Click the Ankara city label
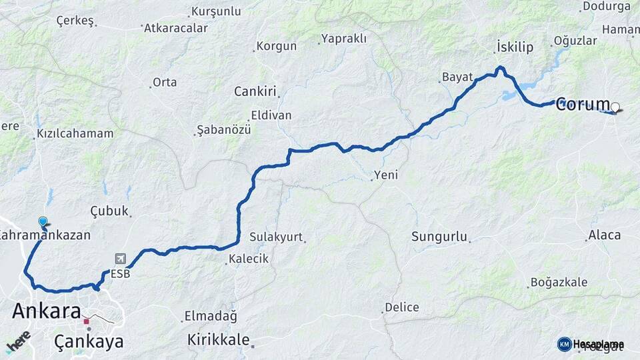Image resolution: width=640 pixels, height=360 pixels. [x=47, y=311]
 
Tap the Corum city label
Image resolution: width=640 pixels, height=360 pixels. [x=583, y=105]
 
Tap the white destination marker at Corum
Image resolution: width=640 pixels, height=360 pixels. [x=615, y=107]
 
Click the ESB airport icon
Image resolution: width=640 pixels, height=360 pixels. [x=120, y=259]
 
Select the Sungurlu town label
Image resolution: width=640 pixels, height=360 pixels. [x=439, y=236]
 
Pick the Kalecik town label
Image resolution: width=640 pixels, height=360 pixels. [x=249, y=259]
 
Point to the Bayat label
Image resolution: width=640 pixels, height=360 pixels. [x=457, y=77]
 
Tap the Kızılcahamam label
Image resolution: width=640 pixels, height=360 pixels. [x=75, y=133]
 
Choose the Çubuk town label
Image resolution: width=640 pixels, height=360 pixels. [x=109, y=211]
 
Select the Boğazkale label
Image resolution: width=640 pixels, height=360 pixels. [x=559, y=282]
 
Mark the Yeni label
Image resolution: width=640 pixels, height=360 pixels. [x=386, y=175]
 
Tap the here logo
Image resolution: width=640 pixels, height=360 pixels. [x=19, y=342]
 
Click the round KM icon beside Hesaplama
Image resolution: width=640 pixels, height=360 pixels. [x=564, y=344]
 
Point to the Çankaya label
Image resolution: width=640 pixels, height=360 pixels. [x=89, y=342]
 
